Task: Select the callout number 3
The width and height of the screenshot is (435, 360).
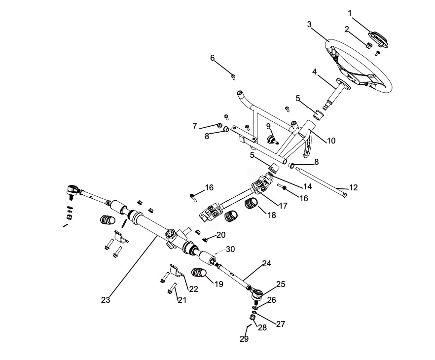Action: [309, 24]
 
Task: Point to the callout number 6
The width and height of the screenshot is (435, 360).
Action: [213, 58]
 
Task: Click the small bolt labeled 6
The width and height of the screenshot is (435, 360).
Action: [233, 76]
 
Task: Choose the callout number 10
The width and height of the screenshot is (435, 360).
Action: [331, 141]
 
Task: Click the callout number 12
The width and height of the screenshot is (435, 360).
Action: [353, 187]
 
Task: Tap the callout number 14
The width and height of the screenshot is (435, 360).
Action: [308, 187]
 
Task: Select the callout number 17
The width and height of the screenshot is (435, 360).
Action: [282, 206]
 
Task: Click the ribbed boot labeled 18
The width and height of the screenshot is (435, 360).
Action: [253, 204]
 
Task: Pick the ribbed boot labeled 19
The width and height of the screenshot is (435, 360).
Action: [200, 273]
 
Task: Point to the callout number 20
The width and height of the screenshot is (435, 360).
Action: [220, 235]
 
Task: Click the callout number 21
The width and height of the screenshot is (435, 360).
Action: [182, 300]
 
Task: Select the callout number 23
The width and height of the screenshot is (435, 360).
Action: [106, 299]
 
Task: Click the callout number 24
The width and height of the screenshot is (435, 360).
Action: [266, 264]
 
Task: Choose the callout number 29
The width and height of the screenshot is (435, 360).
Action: [244, 339]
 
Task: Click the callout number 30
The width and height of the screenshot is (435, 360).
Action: [231, 249]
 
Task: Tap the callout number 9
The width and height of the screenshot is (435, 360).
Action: [268, 126]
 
